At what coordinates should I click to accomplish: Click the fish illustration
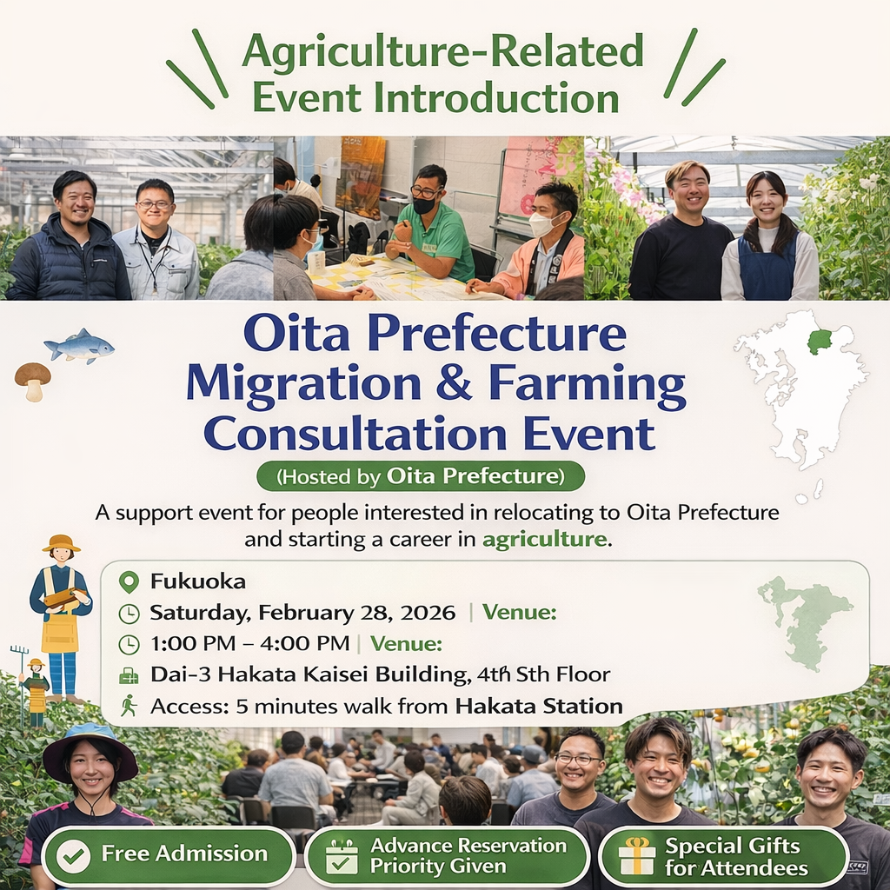tap(79, 346)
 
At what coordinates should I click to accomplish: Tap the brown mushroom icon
tap(32, 380)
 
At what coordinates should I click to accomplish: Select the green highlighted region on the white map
tap(820, 341)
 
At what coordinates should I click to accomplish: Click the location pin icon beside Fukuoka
tap(129, 581)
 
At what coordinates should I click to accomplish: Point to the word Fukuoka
tap(197, 581)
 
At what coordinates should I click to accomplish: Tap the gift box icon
tap(637, 856)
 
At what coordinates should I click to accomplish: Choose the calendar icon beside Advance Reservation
tap(342, 856)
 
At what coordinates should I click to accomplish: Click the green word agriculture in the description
tap(543, 539)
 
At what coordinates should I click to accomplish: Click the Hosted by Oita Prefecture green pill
tap(421, 476)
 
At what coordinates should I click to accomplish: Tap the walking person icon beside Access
tap(129, 705)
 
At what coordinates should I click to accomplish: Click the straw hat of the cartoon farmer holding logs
tap(61, 544)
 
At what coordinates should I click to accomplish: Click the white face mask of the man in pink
tap(543, 225)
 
